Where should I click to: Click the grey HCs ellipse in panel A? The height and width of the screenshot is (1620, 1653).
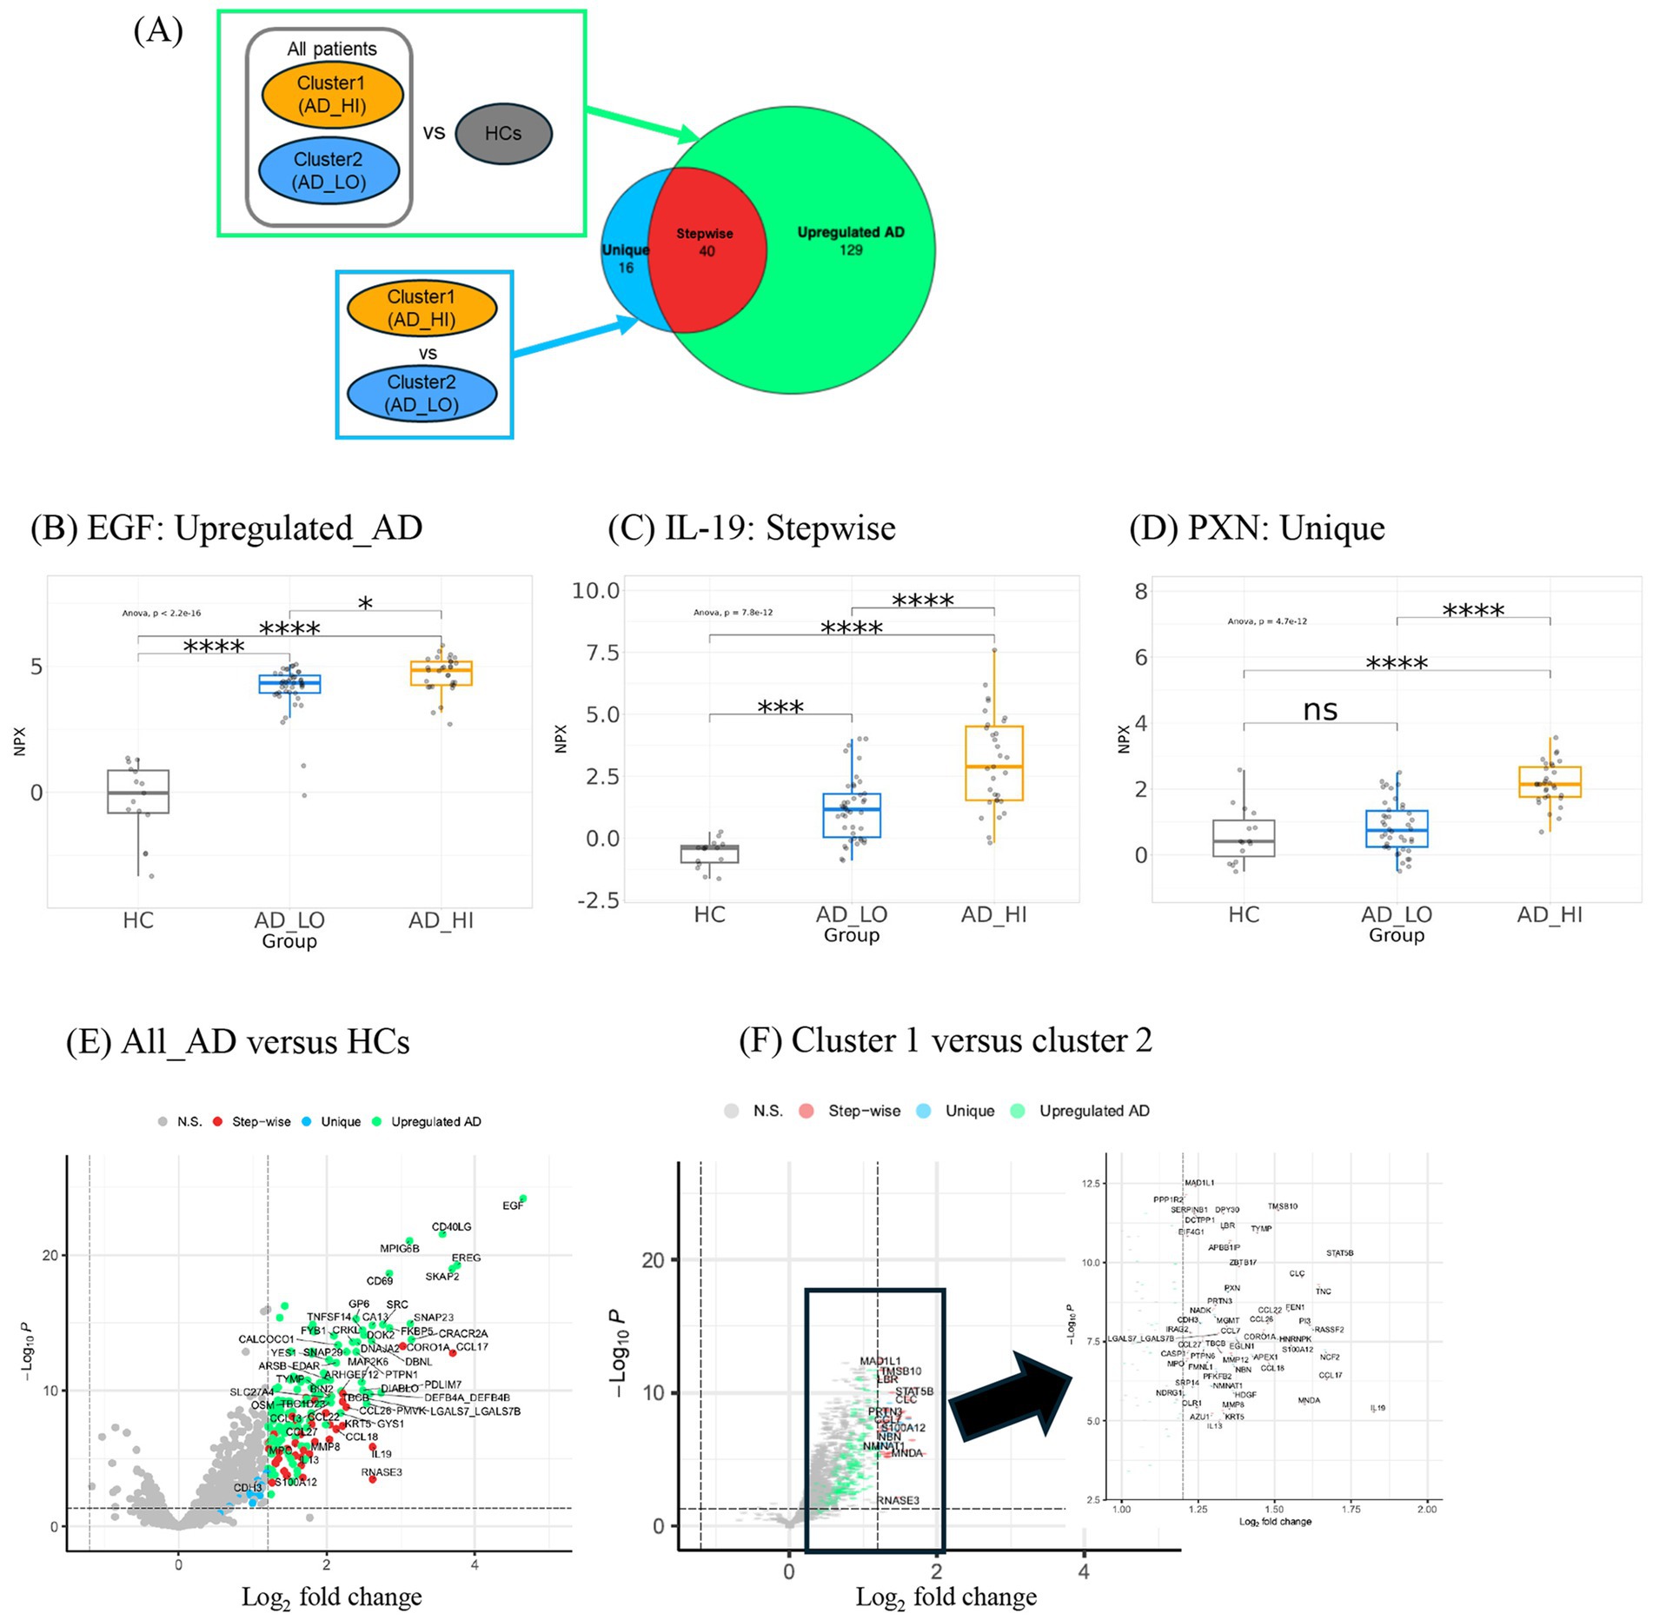(x=503, y=134)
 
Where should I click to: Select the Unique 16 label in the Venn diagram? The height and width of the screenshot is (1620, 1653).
(x=625, y=258)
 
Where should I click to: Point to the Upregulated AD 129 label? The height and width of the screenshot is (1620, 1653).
(x=851, y=241)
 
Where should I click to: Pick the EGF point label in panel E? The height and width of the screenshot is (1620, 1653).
(x=513, y=1205)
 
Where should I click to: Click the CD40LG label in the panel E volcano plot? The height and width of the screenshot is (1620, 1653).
(x=451, y=1226)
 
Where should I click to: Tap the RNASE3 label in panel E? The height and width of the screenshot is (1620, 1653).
(x=382, y=1472)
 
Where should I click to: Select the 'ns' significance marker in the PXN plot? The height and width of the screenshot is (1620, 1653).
(x=1319, y=710)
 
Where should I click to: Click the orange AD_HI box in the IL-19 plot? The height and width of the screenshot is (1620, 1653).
(x=993, y=762)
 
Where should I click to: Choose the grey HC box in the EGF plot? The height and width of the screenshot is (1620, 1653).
(x=138, y=791)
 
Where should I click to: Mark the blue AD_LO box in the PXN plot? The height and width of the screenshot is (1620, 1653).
(x=1397, y=828)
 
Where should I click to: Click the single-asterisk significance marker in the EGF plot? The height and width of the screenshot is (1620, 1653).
(x=365, y=603)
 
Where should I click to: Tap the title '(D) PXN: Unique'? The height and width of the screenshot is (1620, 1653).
(x=1256, y=528)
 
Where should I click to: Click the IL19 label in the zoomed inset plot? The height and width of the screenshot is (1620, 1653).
(x=1377, y=1408)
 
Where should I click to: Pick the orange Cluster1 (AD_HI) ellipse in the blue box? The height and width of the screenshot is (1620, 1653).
(x=422, y=309)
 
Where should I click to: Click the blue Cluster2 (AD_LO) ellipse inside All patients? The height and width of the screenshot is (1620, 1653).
(x=329, y=171)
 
